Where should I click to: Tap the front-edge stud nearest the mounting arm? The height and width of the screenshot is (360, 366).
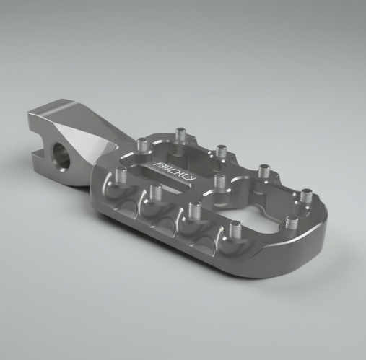pos(120,175)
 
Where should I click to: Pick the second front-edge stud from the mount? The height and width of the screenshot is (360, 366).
pos(154,191)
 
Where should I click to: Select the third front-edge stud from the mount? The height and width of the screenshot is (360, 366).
pos(192,210)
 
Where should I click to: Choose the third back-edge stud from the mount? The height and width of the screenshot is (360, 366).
pos(219,151)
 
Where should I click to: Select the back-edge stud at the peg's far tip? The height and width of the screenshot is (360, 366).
pos(306,194)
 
